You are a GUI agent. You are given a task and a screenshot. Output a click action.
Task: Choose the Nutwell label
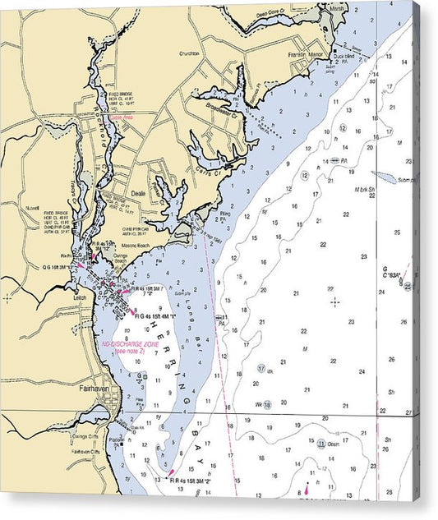point(33,209)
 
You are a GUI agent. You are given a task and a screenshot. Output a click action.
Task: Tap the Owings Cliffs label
point(84,436)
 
